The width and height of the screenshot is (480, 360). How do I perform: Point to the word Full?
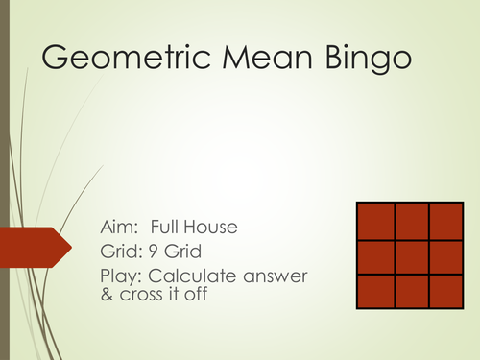(179, 228)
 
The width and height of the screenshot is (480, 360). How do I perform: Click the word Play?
(122, 277)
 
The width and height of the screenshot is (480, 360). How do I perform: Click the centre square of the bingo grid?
(410, 256)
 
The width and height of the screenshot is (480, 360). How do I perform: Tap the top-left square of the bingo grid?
(374, 221)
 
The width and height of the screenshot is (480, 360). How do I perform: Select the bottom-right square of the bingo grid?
(445, 292)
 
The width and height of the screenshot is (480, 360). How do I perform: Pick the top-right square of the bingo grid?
(445, 221)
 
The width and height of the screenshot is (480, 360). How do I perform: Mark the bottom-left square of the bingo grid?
(374, 292)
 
